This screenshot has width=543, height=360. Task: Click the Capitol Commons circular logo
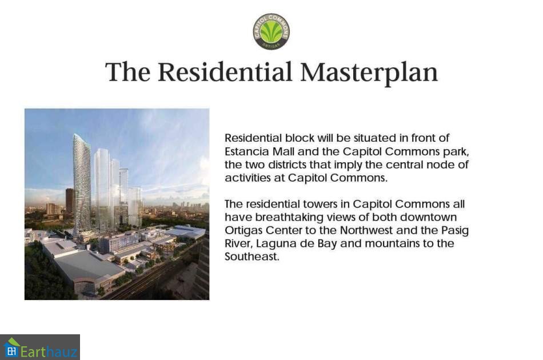click(271, 31)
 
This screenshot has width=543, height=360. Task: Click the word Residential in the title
click(225, 72)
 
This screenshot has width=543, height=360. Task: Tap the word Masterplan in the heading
click(369, 73)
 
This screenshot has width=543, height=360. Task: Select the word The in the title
click(128, 72)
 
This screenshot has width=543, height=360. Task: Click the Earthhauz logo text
click(49, 351)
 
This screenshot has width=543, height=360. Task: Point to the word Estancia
click(246, 151)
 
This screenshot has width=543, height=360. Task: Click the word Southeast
click(251, 257)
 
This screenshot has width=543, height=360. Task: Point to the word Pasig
click(455, 231)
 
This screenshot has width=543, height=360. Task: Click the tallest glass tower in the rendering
click(82, 183)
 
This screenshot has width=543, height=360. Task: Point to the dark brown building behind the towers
click(70, 201)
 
